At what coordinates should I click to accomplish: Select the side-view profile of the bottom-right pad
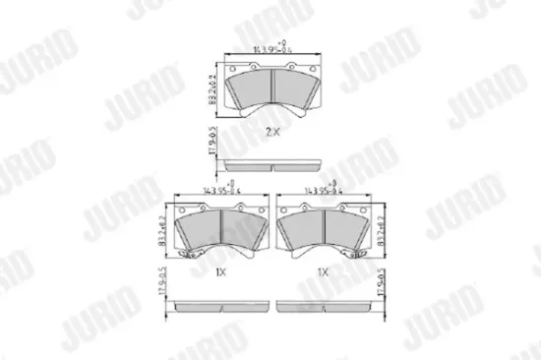326,306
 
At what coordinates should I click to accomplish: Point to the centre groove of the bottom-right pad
326,230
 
